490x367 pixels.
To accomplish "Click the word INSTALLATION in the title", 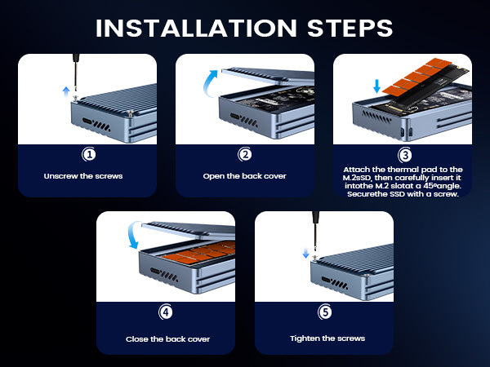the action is pyautogui.click(x=196, y=28).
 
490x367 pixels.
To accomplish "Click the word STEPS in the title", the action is pyautogui.click(x=350, y=28).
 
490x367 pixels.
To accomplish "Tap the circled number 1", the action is pyautogui.click(x=89, y=154).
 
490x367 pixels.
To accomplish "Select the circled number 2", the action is pyautogui.click(x=245, y=154).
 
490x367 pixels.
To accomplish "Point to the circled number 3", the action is pyautogui.click(x=405, y=155).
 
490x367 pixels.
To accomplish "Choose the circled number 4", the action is pyautogui.click(x=166, y=312).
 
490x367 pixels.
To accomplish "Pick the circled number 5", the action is pyautogui.click(x=325, y=312).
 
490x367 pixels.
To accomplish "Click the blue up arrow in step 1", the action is pyautogui.click(x=66, y=91).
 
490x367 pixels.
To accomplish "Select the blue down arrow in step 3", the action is pyautogui.click(x=376, y=86).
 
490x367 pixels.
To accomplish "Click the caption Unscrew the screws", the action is pyautogui.click(x=83, y=176).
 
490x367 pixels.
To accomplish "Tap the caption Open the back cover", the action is pyautogui.click(x=244, y=176).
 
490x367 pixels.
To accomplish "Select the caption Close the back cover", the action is pyautogui.click(x=167, y=339).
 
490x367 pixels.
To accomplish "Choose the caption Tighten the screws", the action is pyautogui.click(x=327, y=338).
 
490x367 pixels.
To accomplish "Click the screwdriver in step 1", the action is pyautogui.click(x=76, y=76).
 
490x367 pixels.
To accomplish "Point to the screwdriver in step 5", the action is pyautogui.click(x=315, y=233).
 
